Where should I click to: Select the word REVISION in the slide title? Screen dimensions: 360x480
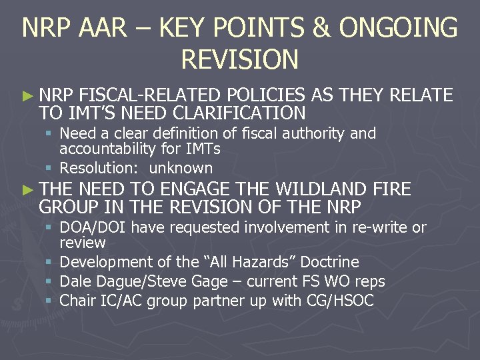(239, 60)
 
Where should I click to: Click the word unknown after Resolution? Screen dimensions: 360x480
(181, 168)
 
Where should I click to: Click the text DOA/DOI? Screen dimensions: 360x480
(93, 227)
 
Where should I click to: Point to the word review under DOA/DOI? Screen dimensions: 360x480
(83, 243)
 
